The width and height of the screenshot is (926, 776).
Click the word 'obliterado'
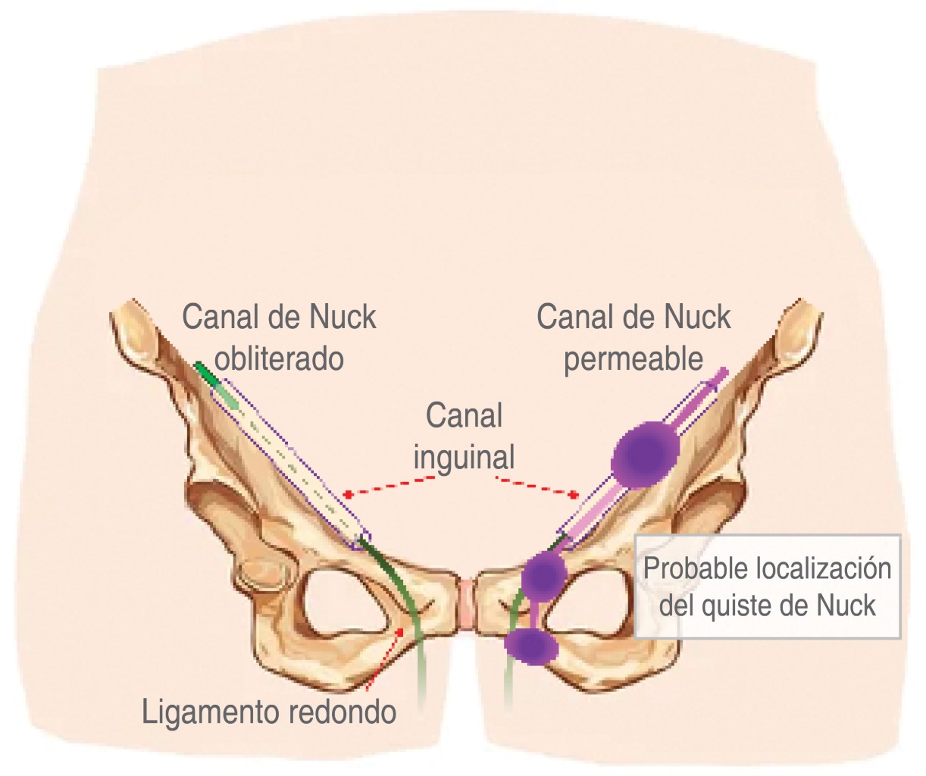point(279,358)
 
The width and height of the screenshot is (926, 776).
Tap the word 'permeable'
point(633,359)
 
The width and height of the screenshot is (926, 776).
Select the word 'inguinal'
point(464,458)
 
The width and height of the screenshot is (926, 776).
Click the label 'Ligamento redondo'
point(269,712)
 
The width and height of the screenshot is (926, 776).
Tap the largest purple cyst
point(645,454)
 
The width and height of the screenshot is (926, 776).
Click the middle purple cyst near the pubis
point(544,576)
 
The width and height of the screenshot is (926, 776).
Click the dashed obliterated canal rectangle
point(292,462)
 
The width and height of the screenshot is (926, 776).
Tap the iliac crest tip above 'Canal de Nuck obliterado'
point(136,333)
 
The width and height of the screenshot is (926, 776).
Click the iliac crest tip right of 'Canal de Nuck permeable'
point(796,330)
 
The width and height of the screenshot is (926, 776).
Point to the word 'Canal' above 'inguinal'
point(464,415)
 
